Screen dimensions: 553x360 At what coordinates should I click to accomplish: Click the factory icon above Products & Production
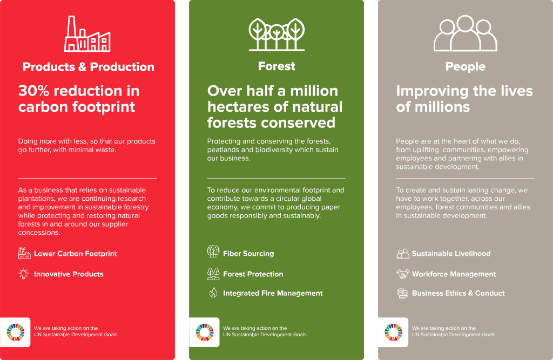click(x=87, y=34)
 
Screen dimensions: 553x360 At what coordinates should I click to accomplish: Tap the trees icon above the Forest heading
click(x=276, y=34)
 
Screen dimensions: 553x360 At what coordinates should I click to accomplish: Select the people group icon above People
click(x=465, y=33)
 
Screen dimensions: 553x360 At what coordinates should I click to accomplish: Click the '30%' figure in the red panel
click(x=33, y=91)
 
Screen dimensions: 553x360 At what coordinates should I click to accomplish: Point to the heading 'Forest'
click(x=276, y=66)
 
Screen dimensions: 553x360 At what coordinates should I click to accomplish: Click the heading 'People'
click(x=465, y=66)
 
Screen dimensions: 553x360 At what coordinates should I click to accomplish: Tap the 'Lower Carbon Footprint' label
click(x=76, y=254)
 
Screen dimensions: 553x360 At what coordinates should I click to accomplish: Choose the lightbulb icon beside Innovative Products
click(x=24, y=274)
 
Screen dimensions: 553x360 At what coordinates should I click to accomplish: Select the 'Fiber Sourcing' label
click(x=248, y=254)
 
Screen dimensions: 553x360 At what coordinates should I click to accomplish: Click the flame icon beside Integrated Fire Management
click(x=213, y=293)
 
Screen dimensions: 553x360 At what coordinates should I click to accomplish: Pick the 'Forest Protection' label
click(x=253, y=274)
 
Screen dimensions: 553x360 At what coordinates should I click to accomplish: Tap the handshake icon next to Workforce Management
click(x=402, y=274)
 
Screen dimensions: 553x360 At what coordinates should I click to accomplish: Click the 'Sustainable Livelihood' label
click(x=451, y=254)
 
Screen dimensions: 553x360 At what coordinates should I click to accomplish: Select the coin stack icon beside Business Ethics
click(x=402, y=294)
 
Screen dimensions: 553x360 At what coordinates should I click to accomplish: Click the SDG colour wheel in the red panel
click(x=16, y=332)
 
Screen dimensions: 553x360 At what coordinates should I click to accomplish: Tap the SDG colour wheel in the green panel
click(x=205, y=332)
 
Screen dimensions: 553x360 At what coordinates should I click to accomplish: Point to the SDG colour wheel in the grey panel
click(x=394, y=332)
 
